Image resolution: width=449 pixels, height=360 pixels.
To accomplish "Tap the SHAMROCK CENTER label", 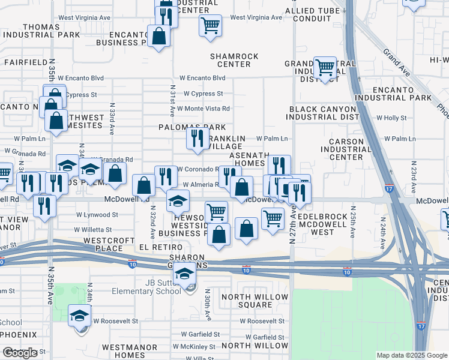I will click(234, 60).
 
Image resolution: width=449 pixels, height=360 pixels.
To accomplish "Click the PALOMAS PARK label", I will click(191, 127).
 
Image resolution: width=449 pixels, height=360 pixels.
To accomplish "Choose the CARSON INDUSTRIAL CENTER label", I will click(342, 149).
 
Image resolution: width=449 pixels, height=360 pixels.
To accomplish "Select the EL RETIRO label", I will click(160, 247).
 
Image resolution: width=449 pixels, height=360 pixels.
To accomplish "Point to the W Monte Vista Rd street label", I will click(203, 109).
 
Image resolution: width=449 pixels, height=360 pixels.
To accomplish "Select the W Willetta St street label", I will click(93, 230).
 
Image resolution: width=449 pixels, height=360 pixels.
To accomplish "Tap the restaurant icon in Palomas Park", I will click(196, 139).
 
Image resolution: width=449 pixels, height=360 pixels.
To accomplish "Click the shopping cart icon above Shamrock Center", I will click(210, 26).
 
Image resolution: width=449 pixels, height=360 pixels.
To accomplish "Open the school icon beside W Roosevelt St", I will click(79, 316).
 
